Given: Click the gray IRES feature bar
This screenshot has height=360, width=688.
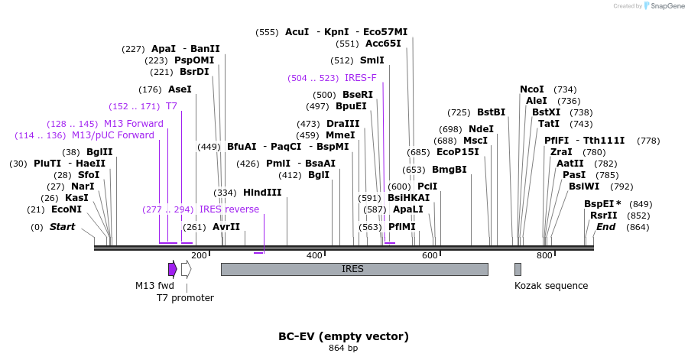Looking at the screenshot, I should (354, 269).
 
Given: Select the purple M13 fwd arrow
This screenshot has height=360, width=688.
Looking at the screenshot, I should (173, 269).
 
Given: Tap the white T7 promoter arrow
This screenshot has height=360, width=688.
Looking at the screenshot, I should (186, 269).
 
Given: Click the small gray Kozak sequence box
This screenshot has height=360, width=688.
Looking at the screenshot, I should (518, 269).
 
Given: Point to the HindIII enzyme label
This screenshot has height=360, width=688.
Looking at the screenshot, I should (262, 193).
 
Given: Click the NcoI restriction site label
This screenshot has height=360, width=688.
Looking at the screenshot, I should (532, 89).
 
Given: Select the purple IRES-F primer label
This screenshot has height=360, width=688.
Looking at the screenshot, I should (361, 78).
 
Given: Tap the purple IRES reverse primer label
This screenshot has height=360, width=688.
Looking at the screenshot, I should (229, 209).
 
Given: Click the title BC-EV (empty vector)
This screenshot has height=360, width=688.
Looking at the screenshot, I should (343, 336).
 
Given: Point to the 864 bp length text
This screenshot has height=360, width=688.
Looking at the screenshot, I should (343, 349).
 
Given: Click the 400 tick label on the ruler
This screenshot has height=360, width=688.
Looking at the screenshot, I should (314, 255).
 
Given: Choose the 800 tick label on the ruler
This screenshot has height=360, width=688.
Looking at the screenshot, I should (544, 255).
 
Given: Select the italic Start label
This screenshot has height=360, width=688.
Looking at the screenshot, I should (63, 227).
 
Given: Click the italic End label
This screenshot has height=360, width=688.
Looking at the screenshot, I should (606, 227).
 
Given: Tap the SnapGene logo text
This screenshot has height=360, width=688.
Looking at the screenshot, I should (664, 6).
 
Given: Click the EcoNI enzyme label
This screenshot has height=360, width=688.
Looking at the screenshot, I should (67, 209).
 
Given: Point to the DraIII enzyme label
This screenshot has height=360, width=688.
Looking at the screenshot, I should (342, 124).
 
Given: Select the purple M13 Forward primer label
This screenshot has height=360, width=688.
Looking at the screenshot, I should (134, 124).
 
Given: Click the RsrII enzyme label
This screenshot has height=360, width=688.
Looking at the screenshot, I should (603, 216).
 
